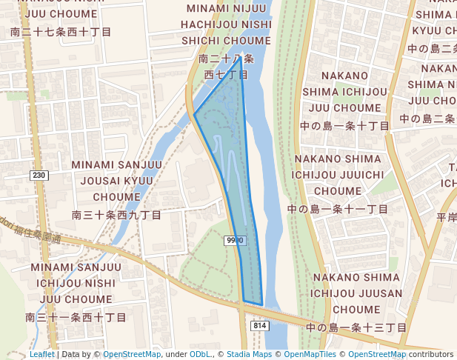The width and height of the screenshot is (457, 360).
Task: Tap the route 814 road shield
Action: click(259, 325)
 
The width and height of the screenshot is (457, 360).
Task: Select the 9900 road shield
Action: click(234, 241)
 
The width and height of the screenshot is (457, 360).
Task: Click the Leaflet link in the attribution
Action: click(42, 355)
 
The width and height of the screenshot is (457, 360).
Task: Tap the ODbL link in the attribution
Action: click(200, 355)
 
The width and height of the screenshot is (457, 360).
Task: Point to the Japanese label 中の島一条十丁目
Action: click(344, 126)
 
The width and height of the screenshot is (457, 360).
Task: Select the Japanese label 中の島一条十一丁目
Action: click(338, 209)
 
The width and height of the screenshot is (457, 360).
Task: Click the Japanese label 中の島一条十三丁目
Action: click(356, 327)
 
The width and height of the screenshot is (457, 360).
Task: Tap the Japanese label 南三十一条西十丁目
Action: click(76, 317)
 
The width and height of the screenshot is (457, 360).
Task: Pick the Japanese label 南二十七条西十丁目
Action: click(61, 32)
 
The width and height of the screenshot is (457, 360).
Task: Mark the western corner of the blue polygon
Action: click(194, 114)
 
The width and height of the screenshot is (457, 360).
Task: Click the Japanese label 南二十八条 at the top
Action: click(227, 58)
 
